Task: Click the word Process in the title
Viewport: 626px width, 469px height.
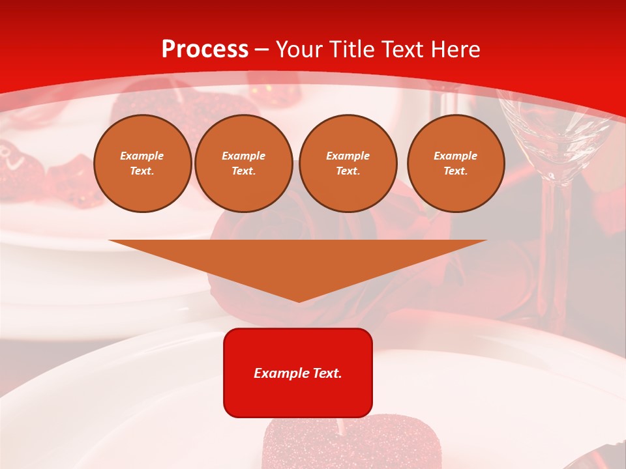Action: click(205, 50)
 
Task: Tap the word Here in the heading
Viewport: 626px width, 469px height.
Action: click(455, 50)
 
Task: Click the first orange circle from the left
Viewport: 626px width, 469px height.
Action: click(142, 163)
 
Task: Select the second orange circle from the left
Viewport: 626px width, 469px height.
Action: click(243, 163)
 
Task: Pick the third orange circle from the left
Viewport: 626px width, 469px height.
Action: click(348, 163)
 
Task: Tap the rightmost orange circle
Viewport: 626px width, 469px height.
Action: click(455, 163)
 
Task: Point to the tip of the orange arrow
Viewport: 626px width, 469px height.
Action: click(299, 300)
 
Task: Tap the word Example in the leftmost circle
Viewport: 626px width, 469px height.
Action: click(142, 156)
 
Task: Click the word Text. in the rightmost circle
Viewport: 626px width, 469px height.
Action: click(455, 171)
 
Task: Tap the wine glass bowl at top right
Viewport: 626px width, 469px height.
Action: click(554, 130)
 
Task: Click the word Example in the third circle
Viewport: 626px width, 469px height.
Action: click(348, 156)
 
